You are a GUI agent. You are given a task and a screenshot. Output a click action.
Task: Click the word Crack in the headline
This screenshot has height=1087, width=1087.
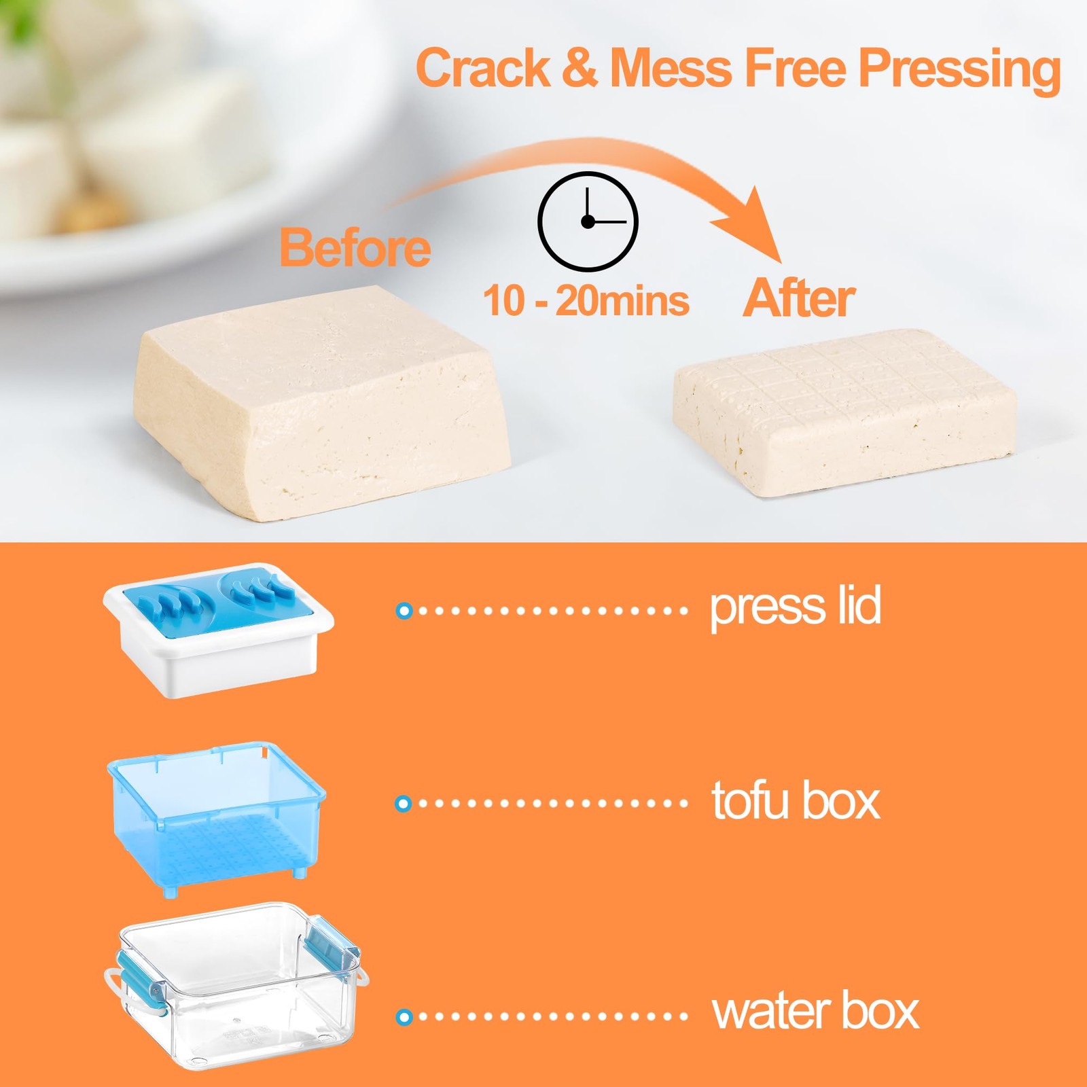pyautogui.click(x=483, y=68)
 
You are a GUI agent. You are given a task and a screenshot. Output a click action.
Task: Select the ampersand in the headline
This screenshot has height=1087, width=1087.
pyautogui.click(x=580, y=68)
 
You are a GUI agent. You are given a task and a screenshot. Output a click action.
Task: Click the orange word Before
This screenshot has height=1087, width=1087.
pyautogui.click(x=355, y=248)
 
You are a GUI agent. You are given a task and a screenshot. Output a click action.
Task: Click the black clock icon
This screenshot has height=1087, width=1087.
pyautogui.click(x=588, y=221)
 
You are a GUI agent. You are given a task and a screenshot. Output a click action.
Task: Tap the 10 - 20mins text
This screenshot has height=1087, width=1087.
pyautogui.click(x=586, y=300)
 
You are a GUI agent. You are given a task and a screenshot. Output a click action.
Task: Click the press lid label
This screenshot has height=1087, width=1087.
pyautogui.click(x=795, y=607)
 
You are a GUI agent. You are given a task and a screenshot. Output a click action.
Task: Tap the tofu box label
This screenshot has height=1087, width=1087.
pyautogui.click(x=795, y=802)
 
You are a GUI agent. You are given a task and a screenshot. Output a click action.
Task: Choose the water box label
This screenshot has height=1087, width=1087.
pyautogui.click(x=815, y=1012)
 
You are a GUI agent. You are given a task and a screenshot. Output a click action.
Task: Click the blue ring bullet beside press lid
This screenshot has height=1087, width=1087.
pyautogui.click(x=404, y=611)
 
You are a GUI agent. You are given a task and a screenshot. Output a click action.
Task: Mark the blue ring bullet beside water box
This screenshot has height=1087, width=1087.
pyautogui.click(x=404, y=1017)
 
